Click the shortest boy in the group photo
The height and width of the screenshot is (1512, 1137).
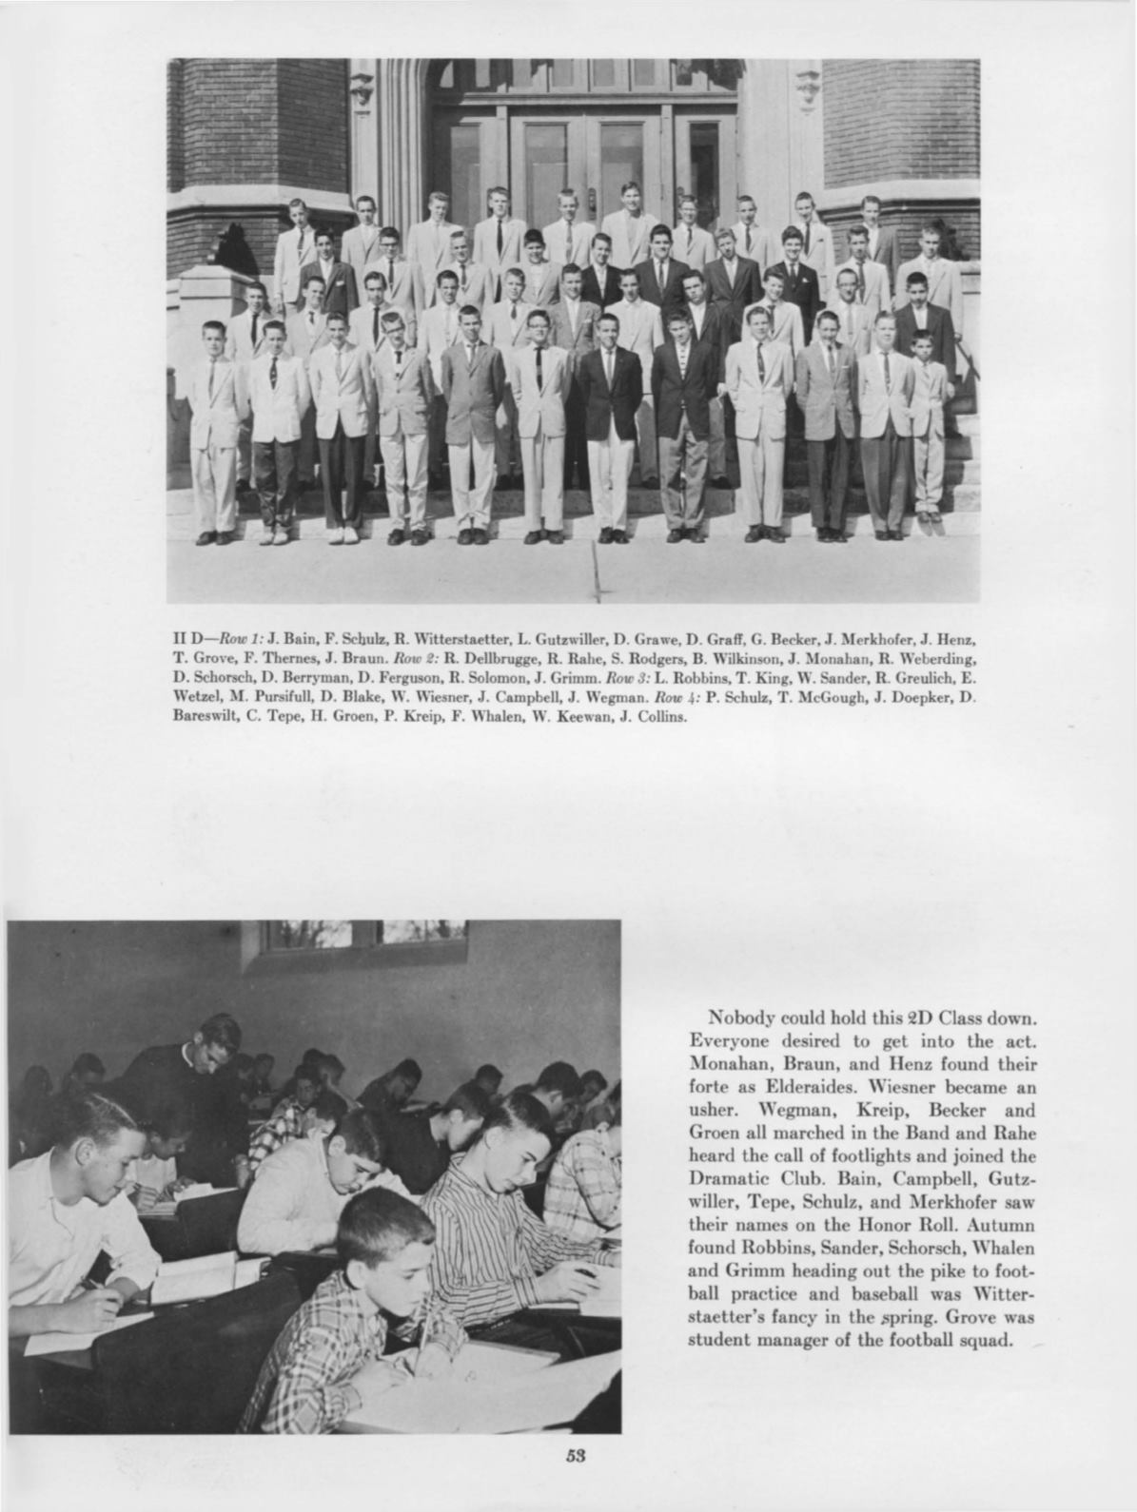click(x=921, y=423)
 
